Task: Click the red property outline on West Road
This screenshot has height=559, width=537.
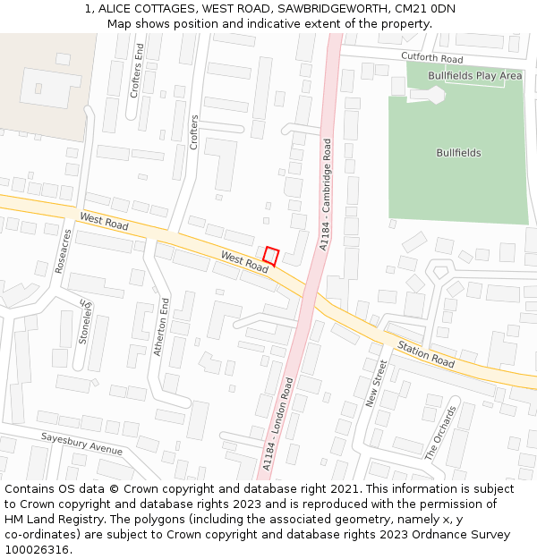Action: [271, 256]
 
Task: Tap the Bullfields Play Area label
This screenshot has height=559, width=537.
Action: [474, 76]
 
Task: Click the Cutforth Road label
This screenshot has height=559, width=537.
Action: [431, 57]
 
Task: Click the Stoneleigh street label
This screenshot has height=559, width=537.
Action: [86, 319]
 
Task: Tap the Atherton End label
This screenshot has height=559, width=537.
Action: [162, 326]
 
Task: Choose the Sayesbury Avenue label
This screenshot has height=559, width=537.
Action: [81, 443]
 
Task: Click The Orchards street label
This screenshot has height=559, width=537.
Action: [440, 432]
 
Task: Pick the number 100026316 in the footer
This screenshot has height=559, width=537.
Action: [37, 550]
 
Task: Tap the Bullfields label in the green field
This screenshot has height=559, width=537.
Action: [458, 153]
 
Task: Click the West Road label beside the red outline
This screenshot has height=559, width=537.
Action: [244, 262]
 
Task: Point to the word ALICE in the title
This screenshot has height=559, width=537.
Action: [115, 8]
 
